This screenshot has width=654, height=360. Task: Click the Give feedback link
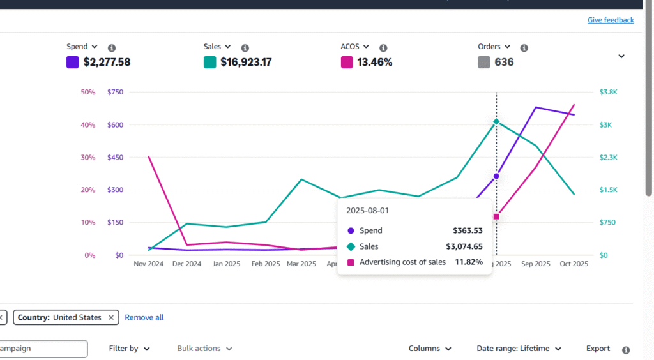[611, 20]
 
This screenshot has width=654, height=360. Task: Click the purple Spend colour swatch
[73, 62]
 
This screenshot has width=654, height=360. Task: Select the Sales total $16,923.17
[246, 62]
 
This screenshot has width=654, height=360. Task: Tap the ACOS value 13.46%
[375, 62]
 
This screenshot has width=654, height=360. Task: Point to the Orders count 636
[503, 62]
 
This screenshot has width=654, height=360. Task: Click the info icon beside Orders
[524, 48]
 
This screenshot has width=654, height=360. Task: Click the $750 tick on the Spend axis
[116, 92]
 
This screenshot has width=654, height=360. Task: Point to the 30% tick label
[88, 158]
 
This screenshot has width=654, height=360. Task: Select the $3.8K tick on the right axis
[609, 92]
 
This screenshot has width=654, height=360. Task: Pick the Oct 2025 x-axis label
[574, 264]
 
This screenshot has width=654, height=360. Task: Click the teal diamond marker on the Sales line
[496, 121]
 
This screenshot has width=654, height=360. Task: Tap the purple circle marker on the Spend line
[496, 176]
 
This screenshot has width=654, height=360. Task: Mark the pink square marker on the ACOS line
[496, 216]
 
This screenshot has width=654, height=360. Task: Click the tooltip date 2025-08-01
[368, 210]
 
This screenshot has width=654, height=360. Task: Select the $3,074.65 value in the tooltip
[464, 246]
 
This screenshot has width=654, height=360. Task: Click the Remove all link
[144, 317]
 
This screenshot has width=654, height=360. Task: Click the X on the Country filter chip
[111, 317]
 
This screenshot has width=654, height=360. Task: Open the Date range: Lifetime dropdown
[519, 349]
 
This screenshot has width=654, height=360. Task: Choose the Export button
[598, 349]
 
